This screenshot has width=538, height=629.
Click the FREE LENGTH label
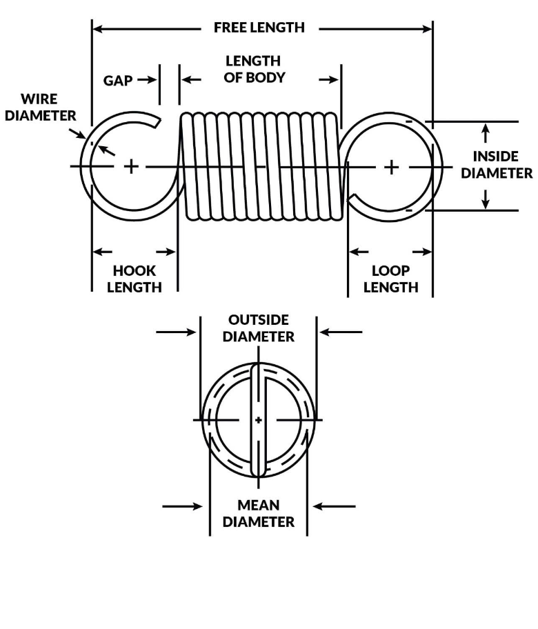259,28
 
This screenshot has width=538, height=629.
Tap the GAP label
118,80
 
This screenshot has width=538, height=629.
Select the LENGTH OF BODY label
254,70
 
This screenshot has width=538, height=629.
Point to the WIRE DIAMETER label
40,107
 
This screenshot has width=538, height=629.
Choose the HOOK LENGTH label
134,279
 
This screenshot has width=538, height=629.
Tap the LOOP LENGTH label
390,279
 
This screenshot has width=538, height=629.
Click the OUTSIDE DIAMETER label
258,328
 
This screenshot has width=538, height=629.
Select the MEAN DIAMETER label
258,514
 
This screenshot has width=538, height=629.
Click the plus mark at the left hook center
131,166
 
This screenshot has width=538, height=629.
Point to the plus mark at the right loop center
392,166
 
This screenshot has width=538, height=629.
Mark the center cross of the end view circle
259,419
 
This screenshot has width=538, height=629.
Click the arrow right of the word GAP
147,80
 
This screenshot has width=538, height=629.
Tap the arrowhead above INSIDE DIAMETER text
486,129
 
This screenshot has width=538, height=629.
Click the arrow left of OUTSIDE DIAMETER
177,332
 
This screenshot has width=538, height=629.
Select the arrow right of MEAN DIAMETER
334,506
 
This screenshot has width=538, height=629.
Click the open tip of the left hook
157,123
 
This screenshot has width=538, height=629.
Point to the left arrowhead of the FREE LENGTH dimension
97,29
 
